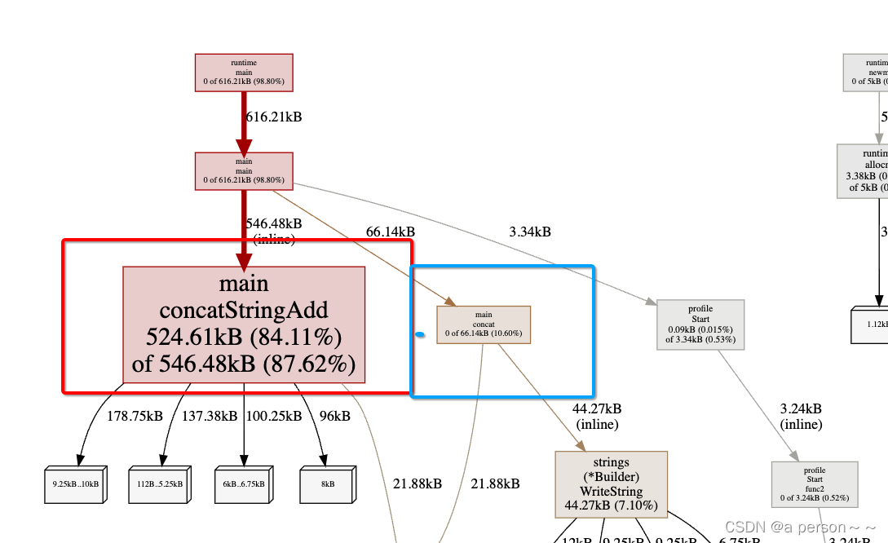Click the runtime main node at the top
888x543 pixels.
pos(243,73)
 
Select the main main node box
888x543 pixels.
pos(243,172)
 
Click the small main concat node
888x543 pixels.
pos(484,324)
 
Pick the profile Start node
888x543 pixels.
pos(700,324)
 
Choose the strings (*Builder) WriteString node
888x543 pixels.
pos(611,484)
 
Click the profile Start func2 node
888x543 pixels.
pos(815,484)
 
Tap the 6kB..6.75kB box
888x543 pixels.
pos(244,484)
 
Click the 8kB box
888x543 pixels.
pos(328,484)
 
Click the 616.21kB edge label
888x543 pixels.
pos(274,117)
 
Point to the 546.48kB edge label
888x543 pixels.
pos(274,223)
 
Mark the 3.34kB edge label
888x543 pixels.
pos(530,232)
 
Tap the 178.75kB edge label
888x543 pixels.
pos(135,416)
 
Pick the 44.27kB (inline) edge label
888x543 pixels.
pos(598,416)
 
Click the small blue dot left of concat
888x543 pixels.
pos(420,334)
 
